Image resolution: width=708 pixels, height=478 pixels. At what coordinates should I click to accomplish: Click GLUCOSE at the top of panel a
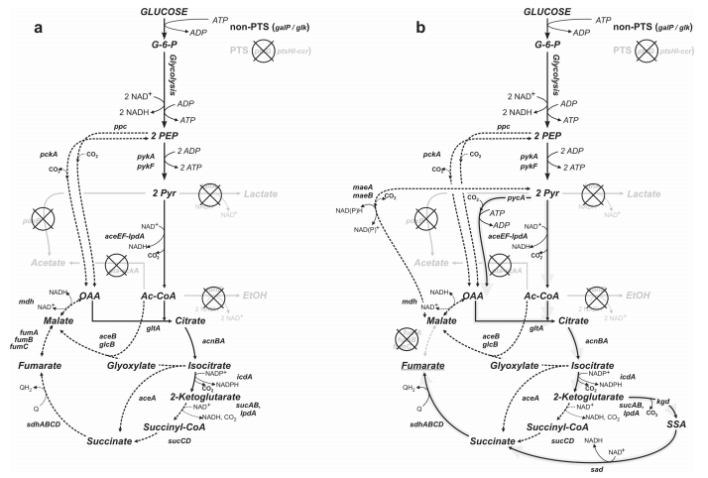[x=165, y=10]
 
